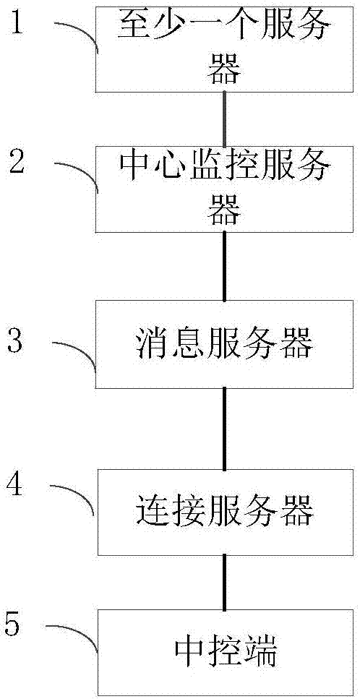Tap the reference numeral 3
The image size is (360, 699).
(15, 340)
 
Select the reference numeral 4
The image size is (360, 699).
(15, 483)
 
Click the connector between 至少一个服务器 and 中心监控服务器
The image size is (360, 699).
(225, 119)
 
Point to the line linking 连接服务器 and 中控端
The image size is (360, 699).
(225, 582)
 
